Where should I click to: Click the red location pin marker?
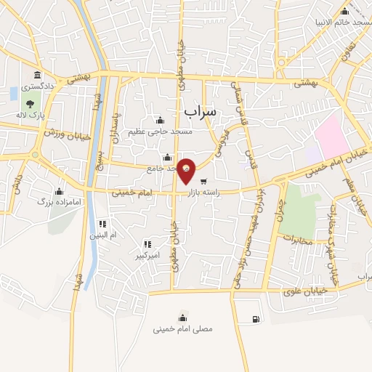[x=187, y=171]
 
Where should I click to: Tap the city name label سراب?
[x=201, y=111]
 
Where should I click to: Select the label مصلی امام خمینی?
[x=183, y=328]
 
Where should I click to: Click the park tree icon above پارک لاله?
[x=29, y=105]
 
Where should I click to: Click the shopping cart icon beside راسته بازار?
[x=204, y=182]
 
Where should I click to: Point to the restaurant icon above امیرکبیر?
[x=147, y=244]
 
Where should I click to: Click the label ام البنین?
[x=102, y=235]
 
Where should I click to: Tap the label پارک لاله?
[x=31, y=116]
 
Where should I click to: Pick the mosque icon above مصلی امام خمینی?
[x=182, y=318]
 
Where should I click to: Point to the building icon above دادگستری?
[x=36, y=75]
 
